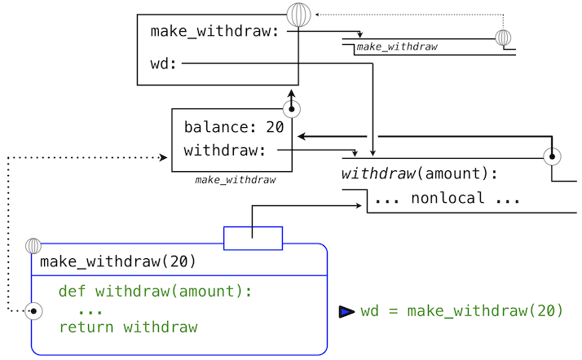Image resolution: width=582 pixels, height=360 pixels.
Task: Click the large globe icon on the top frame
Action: (x=299, y=15)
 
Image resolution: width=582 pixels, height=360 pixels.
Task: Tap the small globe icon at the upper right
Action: (x=504, y=37)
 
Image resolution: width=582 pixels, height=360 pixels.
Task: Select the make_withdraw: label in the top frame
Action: (x=215, y=32)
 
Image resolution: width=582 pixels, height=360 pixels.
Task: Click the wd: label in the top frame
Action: (x=164, y=64)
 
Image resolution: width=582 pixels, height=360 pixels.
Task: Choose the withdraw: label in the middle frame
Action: (x=225, y=151)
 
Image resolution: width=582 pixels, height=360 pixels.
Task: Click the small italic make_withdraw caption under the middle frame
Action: (x=235, y=179)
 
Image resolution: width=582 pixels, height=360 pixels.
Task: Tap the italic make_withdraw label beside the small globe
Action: (x=397, y=47)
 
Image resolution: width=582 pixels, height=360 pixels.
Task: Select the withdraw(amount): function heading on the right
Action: (x=419, y=173)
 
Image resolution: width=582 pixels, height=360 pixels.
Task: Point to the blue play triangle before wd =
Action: (x=346, y=311)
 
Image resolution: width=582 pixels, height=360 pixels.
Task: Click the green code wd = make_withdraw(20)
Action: (x=461, y=311)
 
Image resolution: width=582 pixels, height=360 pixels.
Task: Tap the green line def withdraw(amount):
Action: (x=156, y=291)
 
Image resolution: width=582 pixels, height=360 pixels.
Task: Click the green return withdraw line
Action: (x=128, y=327)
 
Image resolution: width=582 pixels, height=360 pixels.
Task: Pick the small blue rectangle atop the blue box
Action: (x=253, y=238)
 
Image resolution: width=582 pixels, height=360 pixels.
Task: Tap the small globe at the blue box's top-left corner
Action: (x=33, y=245)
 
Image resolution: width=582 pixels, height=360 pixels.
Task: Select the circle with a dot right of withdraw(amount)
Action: (x=552, y=156)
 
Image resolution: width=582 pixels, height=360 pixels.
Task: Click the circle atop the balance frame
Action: (x=291, y=108)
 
